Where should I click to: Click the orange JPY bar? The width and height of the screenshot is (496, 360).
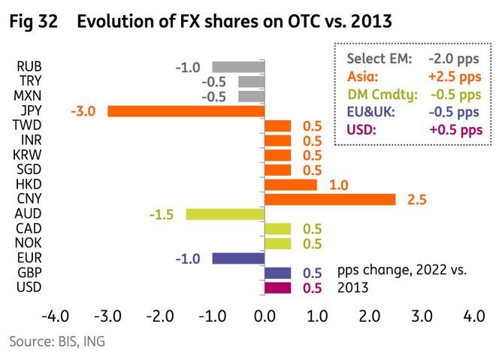[186, 110]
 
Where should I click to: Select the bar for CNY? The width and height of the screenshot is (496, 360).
[330, 199]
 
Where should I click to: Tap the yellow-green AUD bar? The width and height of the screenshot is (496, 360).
[225, 214]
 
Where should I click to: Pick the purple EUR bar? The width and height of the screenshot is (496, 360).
[238, 258]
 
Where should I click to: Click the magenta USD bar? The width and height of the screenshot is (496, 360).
[277, 287]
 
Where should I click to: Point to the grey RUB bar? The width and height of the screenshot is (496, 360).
[238, 67]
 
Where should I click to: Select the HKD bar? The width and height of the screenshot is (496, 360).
[290, 184]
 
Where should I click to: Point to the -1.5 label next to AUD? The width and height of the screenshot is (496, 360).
[162, 214]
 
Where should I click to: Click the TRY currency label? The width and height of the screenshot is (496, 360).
[30, 81]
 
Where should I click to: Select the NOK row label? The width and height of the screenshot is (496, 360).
[29, 243]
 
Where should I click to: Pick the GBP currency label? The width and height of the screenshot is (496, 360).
[29, 272]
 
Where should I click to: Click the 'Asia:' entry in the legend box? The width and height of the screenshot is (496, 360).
[364, 76]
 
